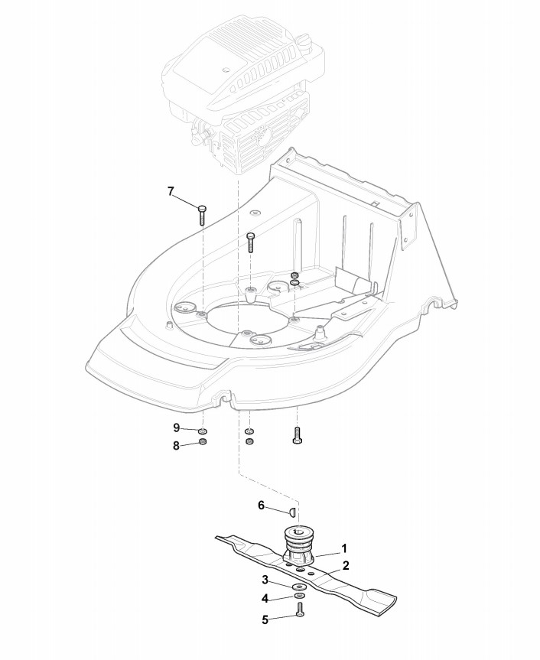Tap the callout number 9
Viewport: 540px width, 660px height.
[x=176, y=427]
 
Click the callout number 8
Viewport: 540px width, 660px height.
[x=176, y=444]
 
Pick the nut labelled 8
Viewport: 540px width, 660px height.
[x=203, y=444]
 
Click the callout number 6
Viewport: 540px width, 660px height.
[x=261, y=506]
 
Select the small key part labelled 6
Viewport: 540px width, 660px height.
[x=291, y=510]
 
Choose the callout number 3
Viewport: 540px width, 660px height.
[x=265, y=580]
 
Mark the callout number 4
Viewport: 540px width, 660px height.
[x=265, y=597]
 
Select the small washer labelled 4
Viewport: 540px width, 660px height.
[x=298, y=596]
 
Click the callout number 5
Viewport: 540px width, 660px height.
[x=265, y=619]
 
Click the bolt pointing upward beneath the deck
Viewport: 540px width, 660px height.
[x=298, y=436]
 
